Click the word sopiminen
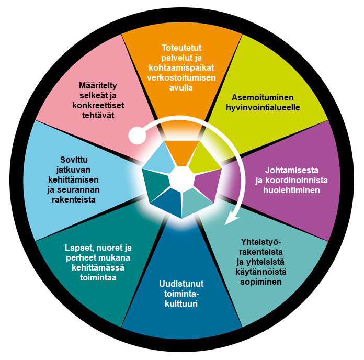pyautogui.click(x=261, y=282)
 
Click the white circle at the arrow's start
pyautogui.click(x=136, y=136)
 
